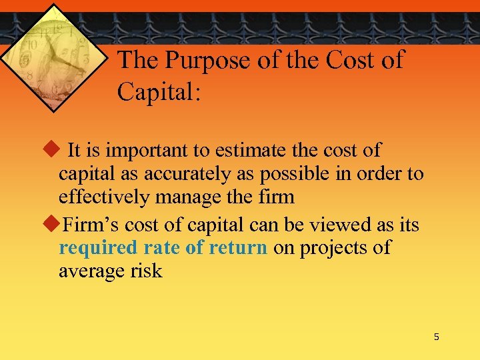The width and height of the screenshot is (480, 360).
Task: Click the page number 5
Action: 437,337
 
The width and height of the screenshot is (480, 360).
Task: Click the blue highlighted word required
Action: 98,248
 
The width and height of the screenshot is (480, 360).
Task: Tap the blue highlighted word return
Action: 237,248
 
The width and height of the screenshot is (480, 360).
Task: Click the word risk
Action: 146,271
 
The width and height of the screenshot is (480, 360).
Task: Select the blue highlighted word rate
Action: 163,248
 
